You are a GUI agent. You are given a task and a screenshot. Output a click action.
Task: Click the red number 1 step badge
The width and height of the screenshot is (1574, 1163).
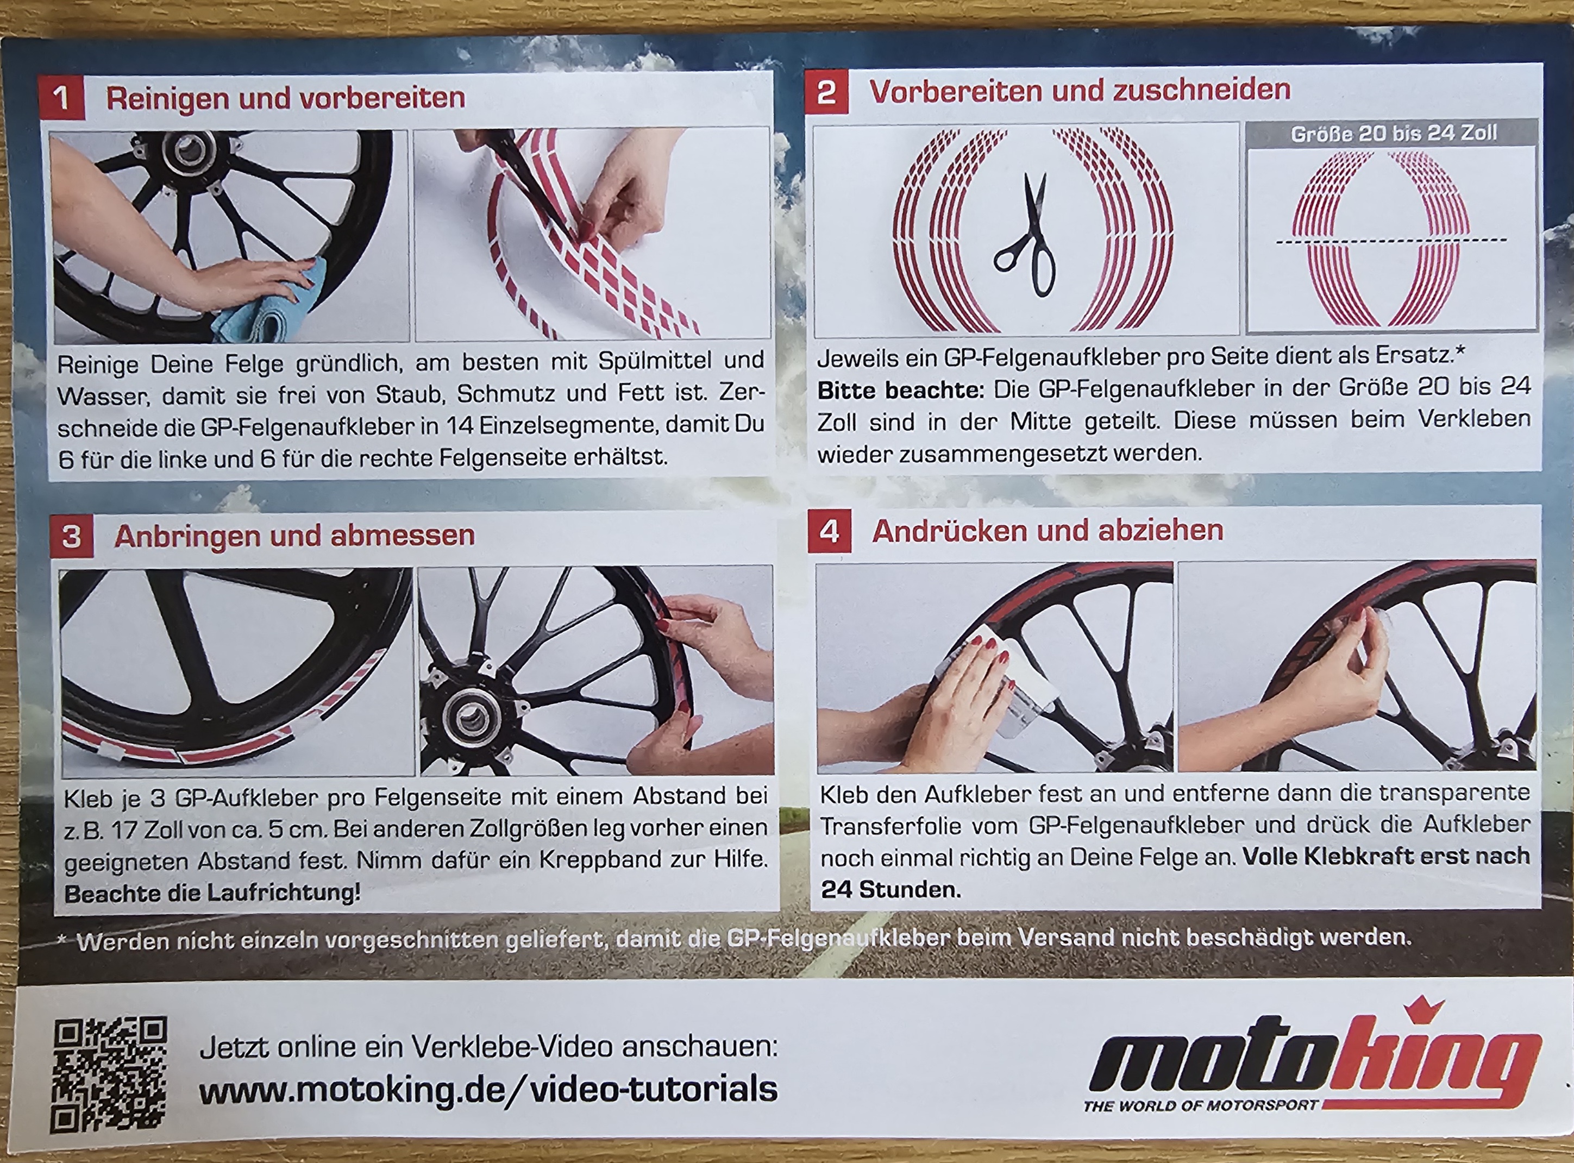[x=62, y=97]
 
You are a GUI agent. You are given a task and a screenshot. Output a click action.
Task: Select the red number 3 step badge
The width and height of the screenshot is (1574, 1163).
[x=72, y=537]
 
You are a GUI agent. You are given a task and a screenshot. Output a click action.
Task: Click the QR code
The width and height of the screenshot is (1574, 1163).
[x=109, y=1073]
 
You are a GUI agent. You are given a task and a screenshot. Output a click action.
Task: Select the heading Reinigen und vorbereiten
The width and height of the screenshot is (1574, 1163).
[x=285, y=98]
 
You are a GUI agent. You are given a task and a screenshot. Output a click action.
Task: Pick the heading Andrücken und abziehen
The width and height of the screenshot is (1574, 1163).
[x=1048, y=531]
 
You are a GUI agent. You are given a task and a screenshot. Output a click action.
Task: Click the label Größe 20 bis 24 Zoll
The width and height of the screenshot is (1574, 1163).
[x=1393, y=133]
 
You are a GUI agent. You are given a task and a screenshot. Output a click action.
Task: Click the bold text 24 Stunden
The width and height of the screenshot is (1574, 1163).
[x=891, y=890]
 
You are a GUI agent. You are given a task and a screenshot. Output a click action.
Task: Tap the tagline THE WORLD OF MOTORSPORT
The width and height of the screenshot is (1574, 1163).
[x=1200, y=1106]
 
